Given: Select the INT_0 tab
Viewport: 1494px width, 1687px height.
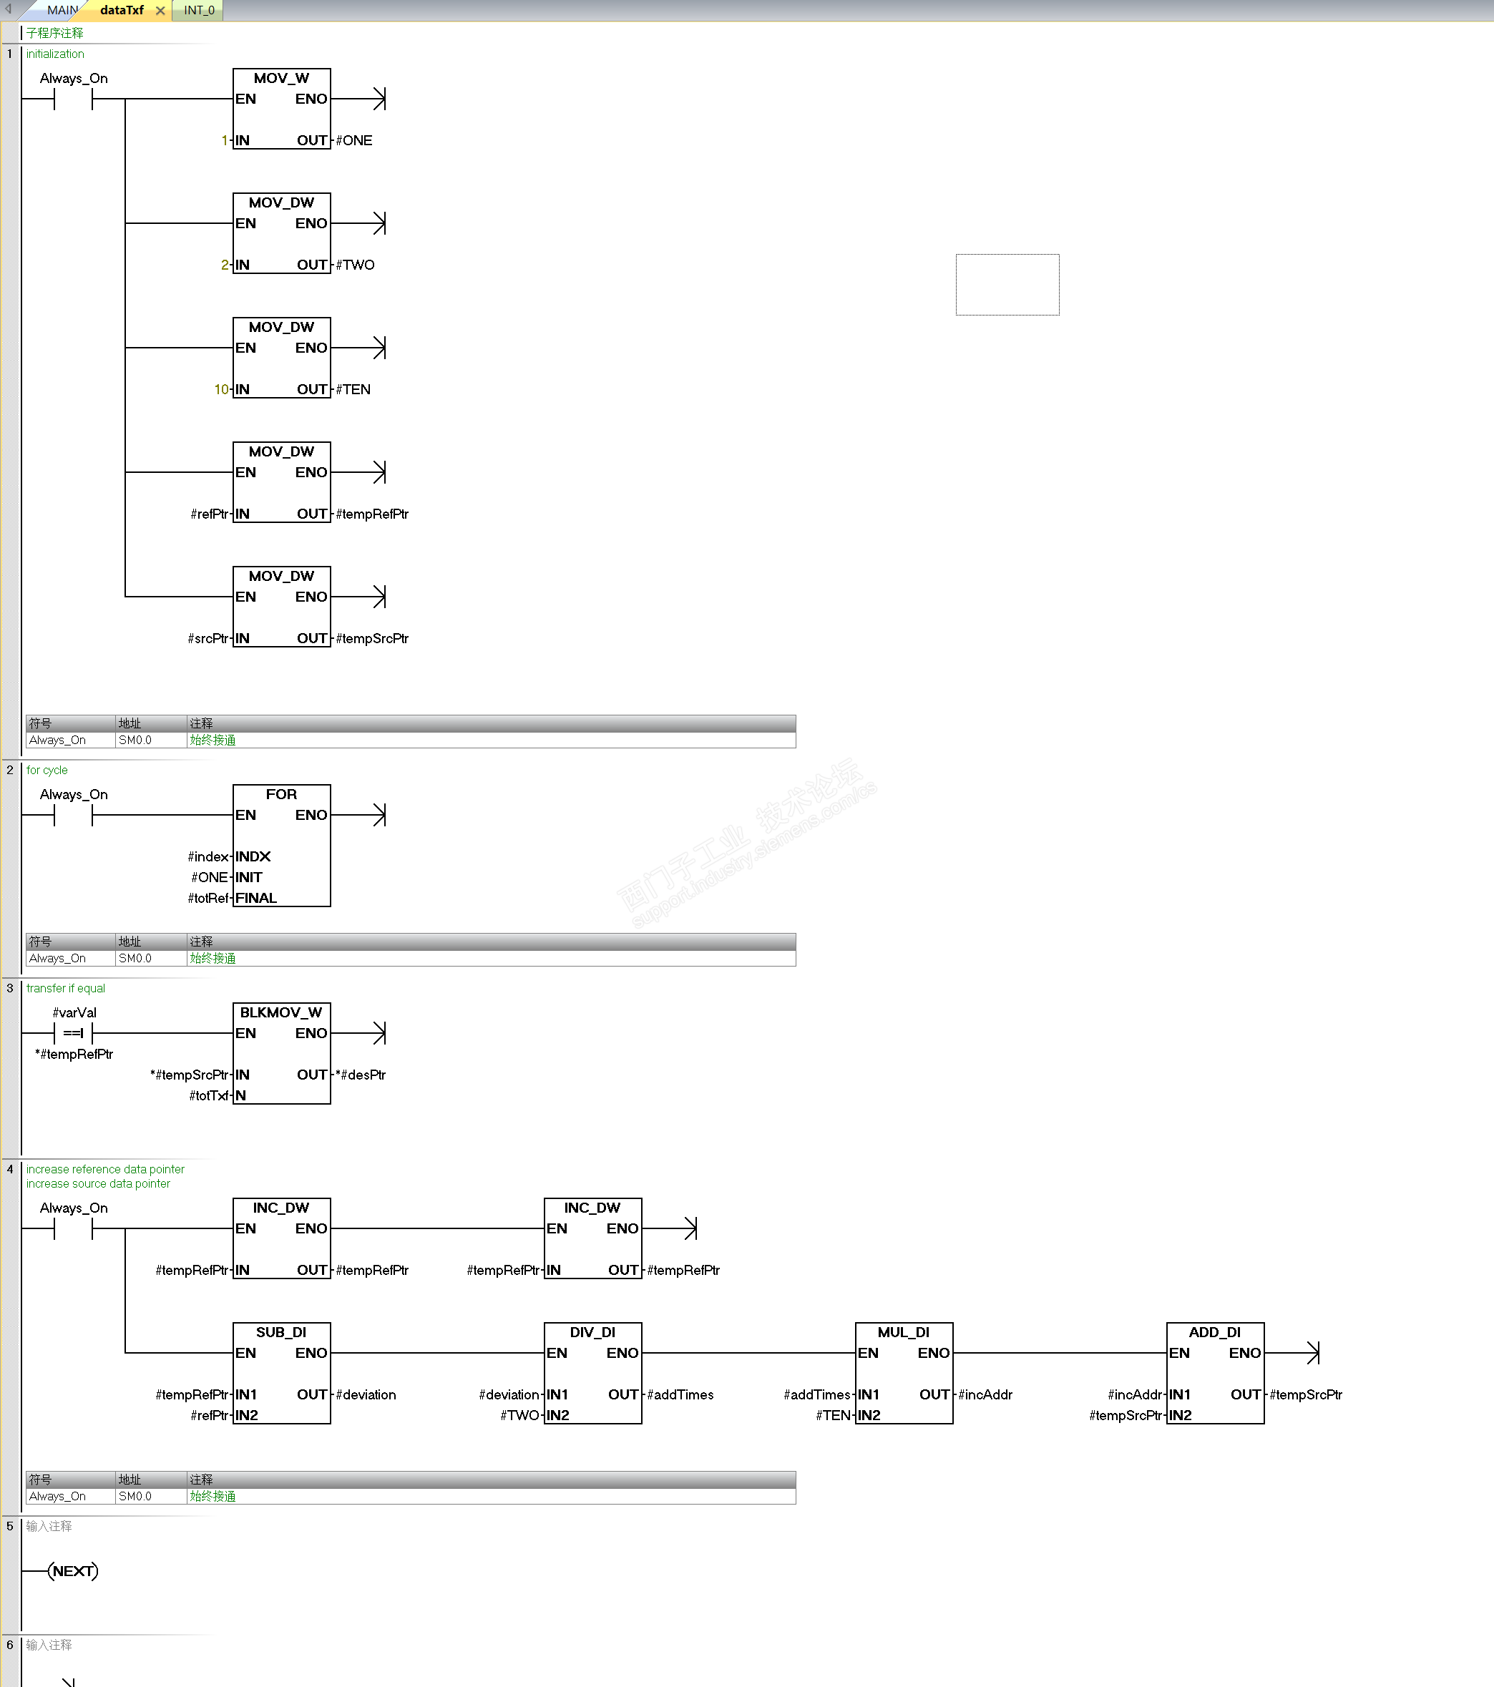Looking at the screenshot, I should tap(199, 11).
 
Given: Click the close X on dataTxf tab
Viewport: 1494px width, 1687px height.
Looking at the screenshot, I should tap(160, 11).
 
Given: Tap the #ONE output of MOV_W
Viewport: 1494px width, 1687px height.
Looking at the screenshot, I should tap(354, 141).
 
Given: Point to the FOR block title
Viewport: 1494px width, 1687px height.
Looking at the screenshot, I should tap(281, 794).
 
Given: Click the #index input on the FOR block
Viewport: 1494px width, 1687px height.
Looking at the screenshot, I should tap(208, 856).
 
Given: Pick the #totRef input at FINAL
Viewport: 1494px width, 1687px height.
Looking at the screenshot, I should tap(208, 898).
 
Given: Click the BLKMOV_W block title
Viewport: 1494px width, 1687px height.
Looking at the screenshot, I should tap(281, 1012).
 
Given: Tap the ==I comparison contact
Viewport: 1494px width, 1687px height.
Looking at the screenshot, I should tap(74, 1033).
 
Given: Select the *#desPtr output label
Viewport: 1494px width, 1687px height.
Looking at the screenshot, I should tap(361, 1075).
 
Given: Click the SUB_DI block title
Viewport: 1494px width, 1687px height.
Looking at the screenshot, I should tap(281, 1332).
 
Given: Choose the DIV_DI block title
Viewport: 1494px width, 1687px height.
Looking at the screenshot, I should tap(592, 1332).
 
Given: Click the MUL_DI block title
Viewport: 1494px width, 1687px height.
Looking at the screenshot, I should tap(904, 1332).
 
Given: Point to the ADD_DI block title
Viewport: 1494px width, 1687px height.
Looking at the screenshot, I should tap(1215, 1332).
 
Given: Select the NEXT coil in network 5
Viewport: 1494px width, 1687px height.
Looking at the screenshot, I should tap(74, 1570).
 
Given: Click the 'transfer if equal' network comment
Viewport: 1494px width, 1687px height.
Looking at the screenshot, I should tap(66, 988).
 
